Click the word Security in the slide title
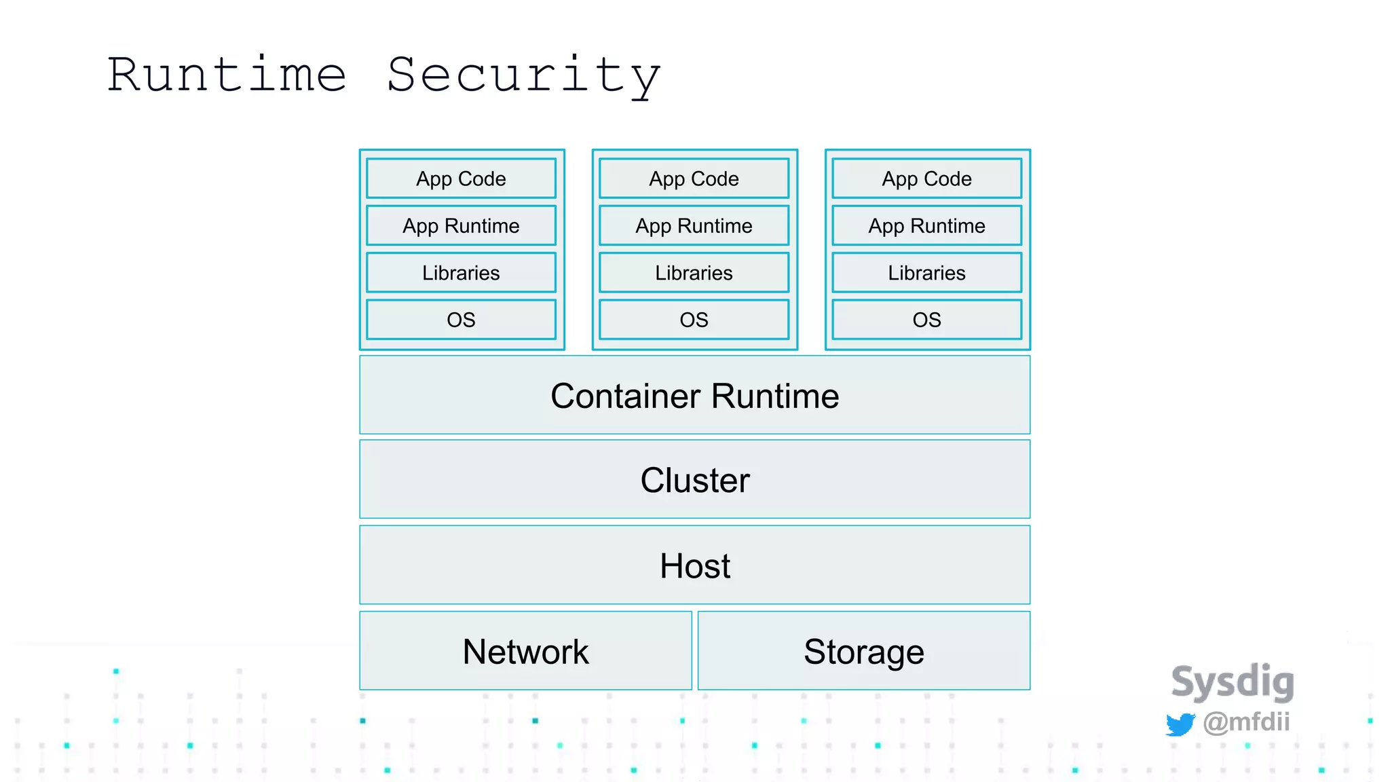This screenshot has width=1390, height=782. (523, 76)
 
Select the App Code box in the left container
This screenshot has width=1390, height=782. (461, 179)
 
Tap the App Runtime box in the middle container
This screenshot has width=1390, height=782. (694, 225)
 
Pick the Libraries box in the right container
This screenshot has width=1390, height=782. (926, 273)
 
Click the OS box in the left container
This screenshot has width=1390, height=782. (461, 320)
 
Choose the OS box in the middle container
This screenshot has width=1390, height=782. (694, 320)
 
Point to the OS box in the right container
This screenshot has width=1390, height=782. (926, 320)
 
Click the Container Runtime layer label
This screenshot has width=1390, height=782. (694, 396)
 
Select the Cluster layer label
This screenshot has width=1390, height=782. (694, 480)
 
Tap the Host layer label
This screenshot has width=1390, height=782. (694, 565)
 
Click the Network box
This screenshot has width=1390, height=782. (525, 652)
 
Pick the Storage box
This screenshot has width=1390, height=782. (863, 652)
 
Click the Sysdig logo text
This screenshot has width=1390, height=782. (1233, 682)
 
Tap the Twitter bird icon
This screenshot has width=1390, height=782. (1180, 724)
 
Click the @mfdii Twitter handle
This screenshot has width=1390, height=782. (1246, 722)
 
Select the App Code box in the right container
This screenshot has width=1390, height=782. (926, 179)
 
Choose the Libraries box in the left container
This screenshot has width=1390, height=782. (461, 273)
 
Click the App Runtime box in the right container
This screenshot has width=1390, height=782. (926, 225)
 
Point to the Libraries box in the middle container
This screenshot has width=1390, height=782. (694, 273)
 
